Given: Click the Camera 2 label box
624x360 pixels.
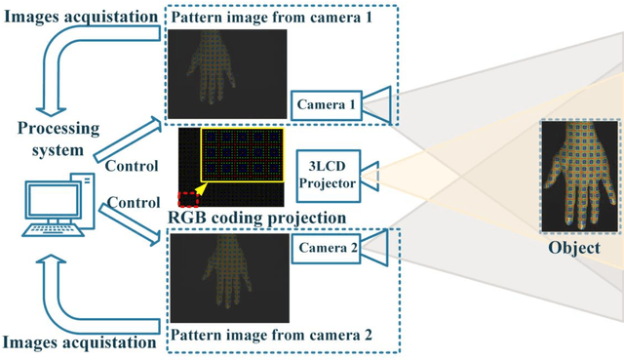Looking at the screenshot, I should pyautogui.click(x=327, y=249).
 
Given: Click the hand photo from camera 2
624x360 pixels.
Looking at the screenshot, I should pyautogui.click(x=228, y=279).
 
